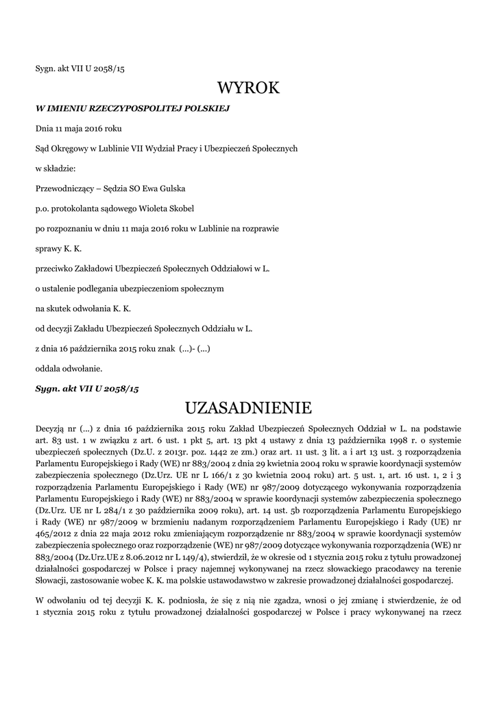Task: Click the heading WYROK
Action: tap(248, 88)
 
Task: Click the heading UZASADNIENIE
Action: tap(248, 409)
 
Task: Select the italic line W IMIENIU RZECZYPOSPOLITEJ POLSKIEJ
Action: tap(132, 108)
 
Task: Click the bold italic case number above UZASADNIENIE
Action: tap(87, 388)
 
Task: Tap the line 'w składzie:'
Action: tap(55, 168)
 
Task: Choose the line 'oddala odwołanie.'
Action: tap(69, 368)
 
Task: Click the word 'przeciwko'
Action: tap(53, 268)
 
